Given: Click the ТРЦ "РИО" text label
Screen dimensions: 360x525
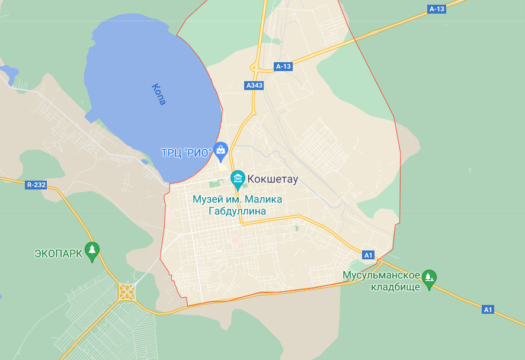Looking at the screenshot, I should (x=186, y=152).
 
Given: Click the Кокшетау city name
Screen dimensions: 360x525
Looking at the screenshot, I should (x=272, y=178).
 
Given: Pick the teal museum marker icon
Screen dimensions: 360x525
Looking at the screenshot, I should (x=238, y=178).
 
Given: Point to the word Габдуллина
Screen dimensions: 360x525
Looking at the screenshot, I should (x=237, y=211).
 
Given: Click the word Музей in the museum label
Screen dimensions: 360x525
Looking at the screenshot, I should (x=207, y=199).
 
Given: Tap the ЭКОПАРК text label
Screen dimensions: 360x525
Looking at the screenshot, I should (x=57, y=254).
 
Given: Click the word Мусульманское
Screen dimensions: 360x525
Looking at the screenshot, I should (x=382, y=275).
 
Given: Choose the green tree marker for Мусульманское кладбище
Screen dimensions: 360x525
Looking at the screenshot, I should (x=429, y=277).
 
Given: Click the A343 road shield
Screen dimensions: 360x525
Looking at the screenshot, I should (x=254, y=85).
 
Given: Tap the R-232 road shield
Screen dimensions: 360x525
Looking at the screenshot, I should (x=36, y=185).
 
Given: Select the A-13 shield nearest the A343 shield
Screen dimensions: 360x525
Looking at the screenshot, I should (x=283, y=66).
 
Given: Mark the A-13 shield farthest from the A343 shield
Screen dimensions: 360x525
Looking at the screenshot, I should (x=437, y=9).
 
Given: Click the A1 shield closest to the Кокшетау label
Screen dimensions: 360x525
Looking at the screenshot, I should (x=369, y=255).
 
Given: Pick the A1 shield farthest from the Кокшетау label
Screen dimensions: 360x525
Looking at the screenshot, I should (x=488, y=310).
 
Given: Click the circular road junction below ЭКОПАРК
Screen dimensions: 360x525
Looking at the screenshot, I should (x=126, y=291).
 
